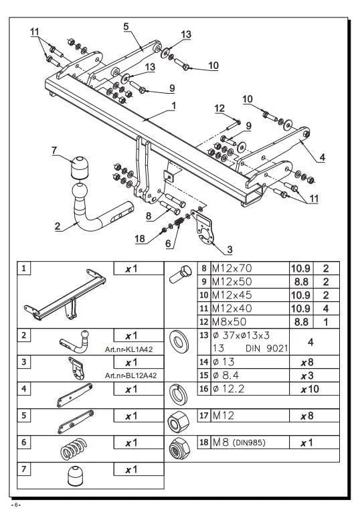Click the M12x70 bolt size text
pos(232,268)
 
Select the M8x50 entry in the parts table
pos(229,322)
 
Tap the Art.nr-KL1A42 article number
pos(128,349)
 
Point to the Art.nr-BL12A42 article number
pos(130,375)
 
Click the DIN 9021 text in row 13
pos(267,348)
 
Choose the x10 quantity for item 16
pos(310,389)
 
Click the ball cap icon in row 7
pos(76,476)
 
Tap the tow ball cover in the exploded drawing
pos(80,167)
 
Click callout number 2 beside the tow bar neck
pos(58,226)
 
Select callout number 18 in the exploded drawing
pos(140,239)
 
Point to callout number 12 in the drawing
pos(219,108)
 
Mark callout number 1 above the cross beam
pos(174,106)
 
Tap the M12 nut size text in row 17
pos(223,416)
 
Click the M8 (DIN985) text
pos(239,442)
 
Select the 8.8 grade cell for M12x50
pos(301,282)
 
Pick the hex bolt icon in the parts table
pos(180,274)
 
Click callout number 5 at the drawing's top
pos(126,26)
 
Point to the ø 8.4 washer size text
pos(226,375)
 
